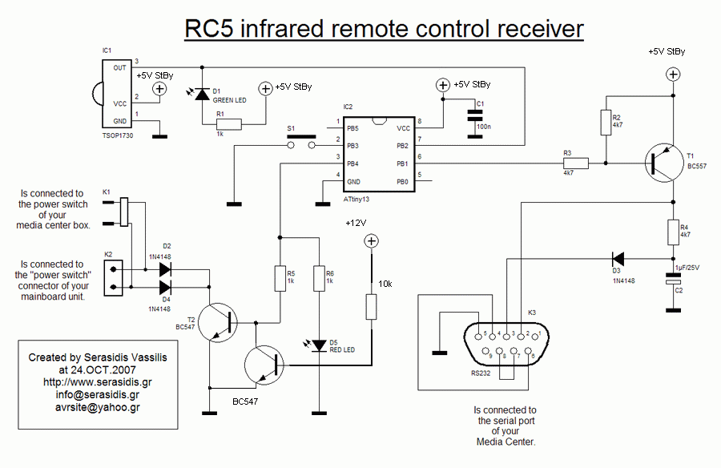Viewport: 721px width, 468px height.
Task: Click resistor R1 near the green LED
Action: pyautogui.click(x=228, y=124)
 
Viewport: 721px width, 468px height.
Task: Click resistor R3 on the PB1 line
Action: pyautogui.click(x=575, y=163)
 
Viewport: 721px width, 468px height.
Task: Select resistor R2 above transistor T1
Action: pyautogui.click(x=606, y=122)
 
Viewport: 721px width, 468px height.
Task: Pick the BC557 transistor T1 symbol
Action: pyautogui.click(x=661, y=163)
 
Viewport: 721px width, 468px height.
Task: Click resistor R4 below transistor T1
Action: pyautogui.click(x=674, y=232)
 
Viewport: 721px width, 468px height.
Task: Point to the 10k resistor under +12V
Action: pyautogui.click(x=371, y=307)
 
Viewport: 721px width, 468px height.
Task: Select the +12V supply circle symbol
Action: pyautogui.click(x=371, y=241)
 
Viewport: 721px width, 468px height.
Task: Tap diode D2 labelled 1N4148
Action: pyautogui.click(x=166, y=268)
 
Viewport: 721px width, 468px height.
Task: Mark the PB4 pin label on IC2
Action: pyautogui.click(x=352, y=163)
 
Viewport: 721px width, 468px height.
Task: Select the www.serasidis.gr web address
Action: pyautogui.click(x=98, y=383)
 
